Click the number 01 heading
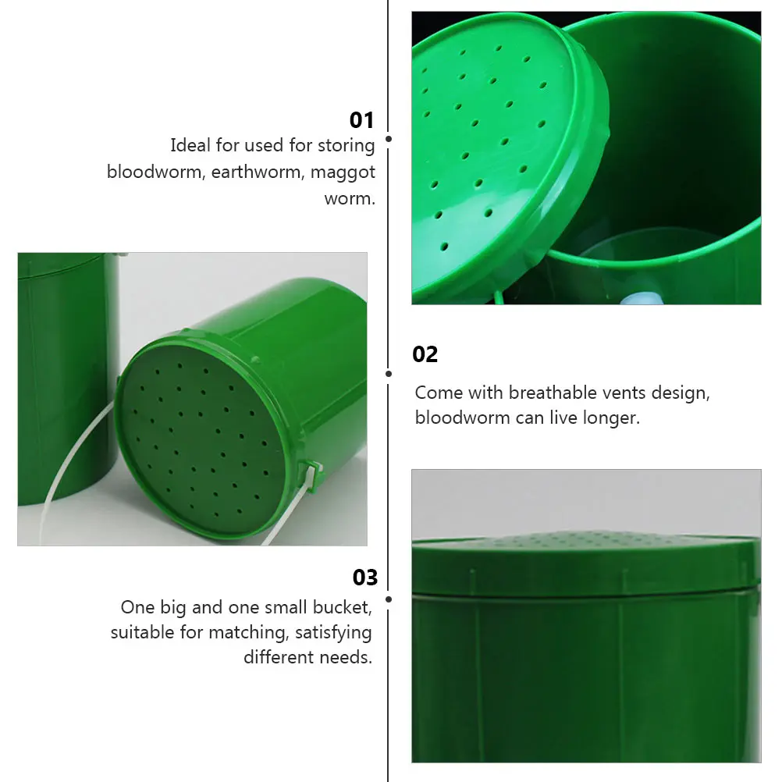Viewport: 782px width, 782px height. coord(362,120)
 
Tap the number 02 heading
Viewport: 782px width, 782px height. coord(425,354)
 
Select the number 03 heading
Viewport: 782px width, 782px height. coord(365,578)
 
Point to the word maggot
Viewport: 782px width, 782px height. coord(343,172)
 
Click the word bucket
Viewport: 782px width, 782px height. coord(342,606)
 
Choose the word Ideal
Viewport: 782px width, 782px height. coord(190,145)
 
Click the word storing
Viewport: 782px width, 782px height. coord(347,145)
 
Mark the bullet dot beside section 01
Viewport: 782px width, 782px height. coord(389,139)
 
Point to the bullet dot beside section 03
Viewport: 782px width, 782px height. coord(389,599)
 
